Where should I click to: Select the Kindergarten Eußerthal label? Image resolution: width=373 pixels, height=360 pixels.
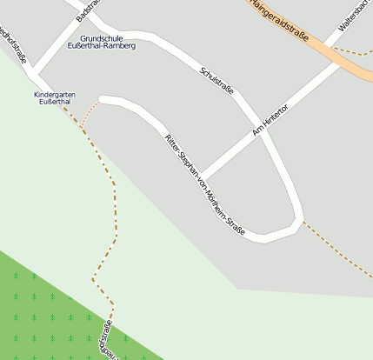(52, 98)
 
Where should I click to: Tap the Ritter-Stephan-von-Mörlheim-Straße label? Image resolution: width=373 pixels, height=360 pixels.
(205, 184)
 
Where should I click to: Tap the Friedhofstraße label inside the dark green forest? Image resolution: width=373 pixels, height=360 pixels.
(105, 340)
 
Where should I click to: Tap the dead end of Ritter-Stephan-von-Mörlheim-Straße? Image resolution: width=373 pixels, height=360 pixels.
(103, 100)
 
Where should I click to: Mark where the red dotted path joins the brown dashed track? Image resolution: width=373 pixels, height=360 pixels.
(81, 129)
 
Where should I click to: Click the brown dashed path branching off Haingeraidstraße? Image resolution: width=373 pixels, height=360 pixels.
(352, 52)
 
